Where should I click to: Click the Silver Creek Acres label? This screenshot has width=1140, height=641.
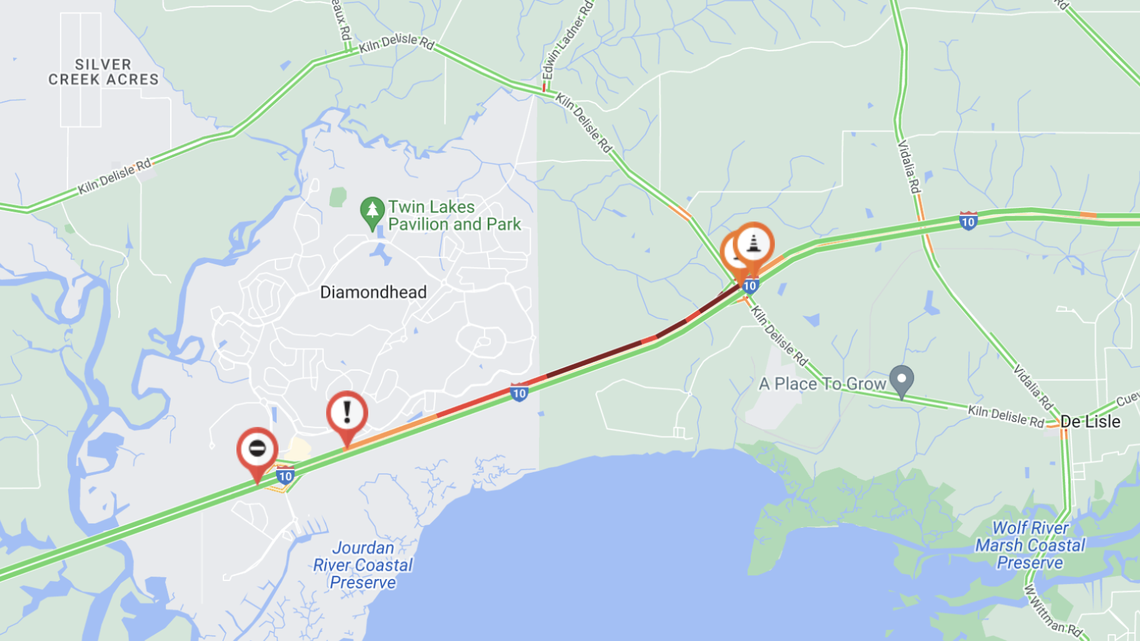click(103, 72)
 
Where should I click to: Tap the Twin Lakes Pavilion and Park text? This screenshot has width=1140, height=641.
click(455, 216)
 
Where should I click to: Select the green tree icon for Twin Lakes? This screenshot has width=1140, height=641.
click(373, 211)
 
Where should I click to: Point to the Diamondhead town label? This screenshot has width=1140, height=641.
click(373, 293)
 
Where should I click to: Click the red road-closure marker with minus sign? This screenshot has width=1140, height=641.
click(257, 449)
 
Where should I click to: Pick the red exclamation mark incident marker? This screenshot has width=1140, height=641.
click(347, 412)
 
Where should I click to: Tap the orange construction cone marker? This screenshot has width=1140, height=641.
click(754, 243)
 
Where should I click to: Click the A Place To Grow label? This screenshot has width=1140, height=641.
click(823, 384)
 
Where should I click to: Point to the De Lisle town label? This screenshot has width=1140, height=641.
click(1090, 422)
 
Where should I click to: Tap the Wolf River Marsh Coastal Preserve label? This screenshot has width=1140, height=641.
click(1030, 545)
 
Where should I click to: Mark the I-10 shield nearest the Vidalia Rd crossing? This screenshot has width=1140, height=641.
click(968, 221)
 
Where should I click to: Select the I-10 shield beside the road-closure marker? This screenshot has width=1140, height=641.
click(285, 475)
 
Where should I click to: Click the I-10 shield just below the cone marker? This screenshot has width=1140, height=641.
click(750, 285)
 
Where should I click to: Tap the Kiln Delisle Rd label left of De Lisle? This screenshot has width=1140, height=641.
click(1004, 415)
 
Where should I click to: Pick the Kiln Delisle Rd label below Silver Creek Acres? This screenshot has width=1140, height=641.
click(114, 176)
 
